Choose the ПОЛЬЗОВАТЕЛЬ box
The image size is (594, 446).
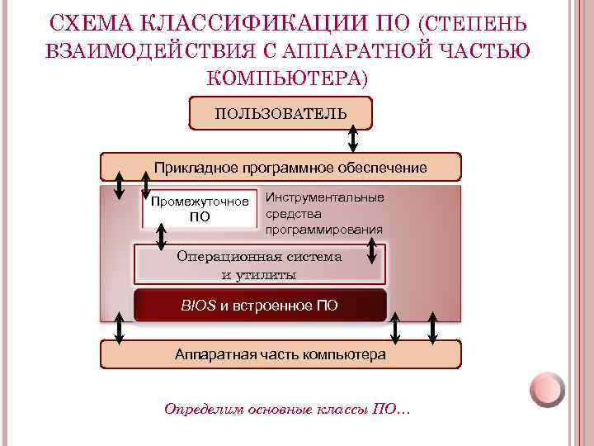coord(280,113)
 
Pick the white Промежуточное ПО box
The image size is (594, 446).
coord(200,209)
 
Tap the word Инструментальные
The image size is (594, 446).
coord(324,197)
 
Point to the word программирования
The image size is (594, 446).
coord(324,229)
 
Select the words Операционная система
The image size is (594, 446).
coord(259,257)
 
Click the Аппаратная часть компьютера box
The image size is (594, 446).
coord(280,354)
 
